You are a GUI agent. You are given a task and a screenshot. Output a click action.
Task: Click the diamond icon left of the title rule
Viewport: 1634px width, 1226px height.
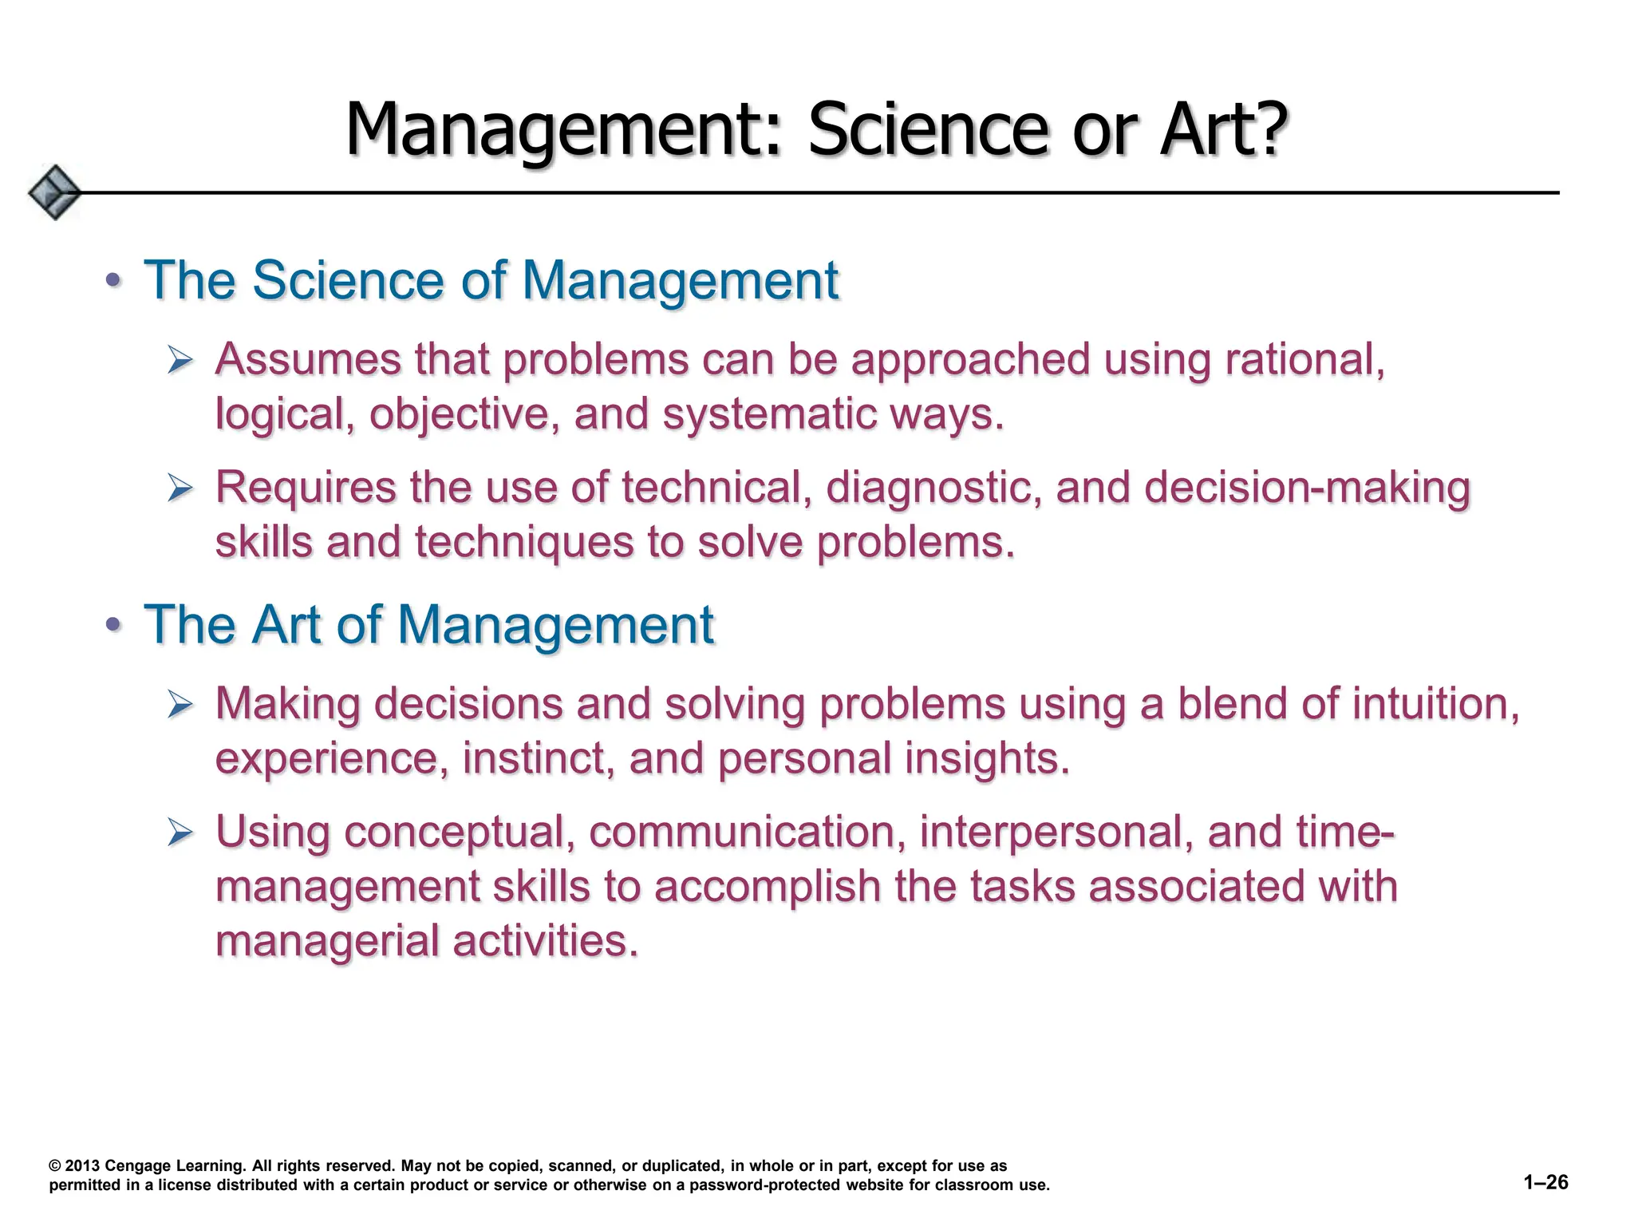pos(54,192)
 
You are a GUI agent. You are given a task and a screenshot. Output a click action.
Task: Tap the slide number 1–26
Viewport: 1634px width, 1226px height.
pos(1545,1182)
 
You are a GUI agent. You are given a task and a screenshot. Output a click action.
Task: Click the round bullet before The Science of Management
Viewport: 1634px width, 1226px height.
pos(114,281)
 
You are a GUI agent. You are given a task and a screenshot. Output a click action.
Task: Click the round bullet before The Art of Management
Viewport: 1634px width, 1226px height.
pos(114,624)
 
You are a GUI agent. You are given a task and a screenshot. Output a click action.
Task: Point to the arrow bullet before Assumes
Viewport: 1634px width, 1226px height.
pos(180,362)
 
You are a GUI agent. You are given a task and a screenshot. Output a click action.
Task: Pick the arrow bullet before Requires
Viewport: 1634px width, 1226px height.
pos(180,488)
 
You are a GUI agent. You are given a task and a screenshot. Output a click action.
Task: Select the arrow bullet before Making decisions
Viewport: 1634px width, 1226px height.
pos(180,706)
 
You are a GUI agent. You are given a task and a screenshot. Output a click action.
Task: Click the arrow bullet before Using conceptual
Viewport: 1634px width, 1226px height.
pos(180,833)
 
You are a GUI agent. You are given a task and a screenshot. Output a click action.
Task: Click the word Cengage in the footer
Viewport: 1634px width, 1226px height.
pos(137,1166)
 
